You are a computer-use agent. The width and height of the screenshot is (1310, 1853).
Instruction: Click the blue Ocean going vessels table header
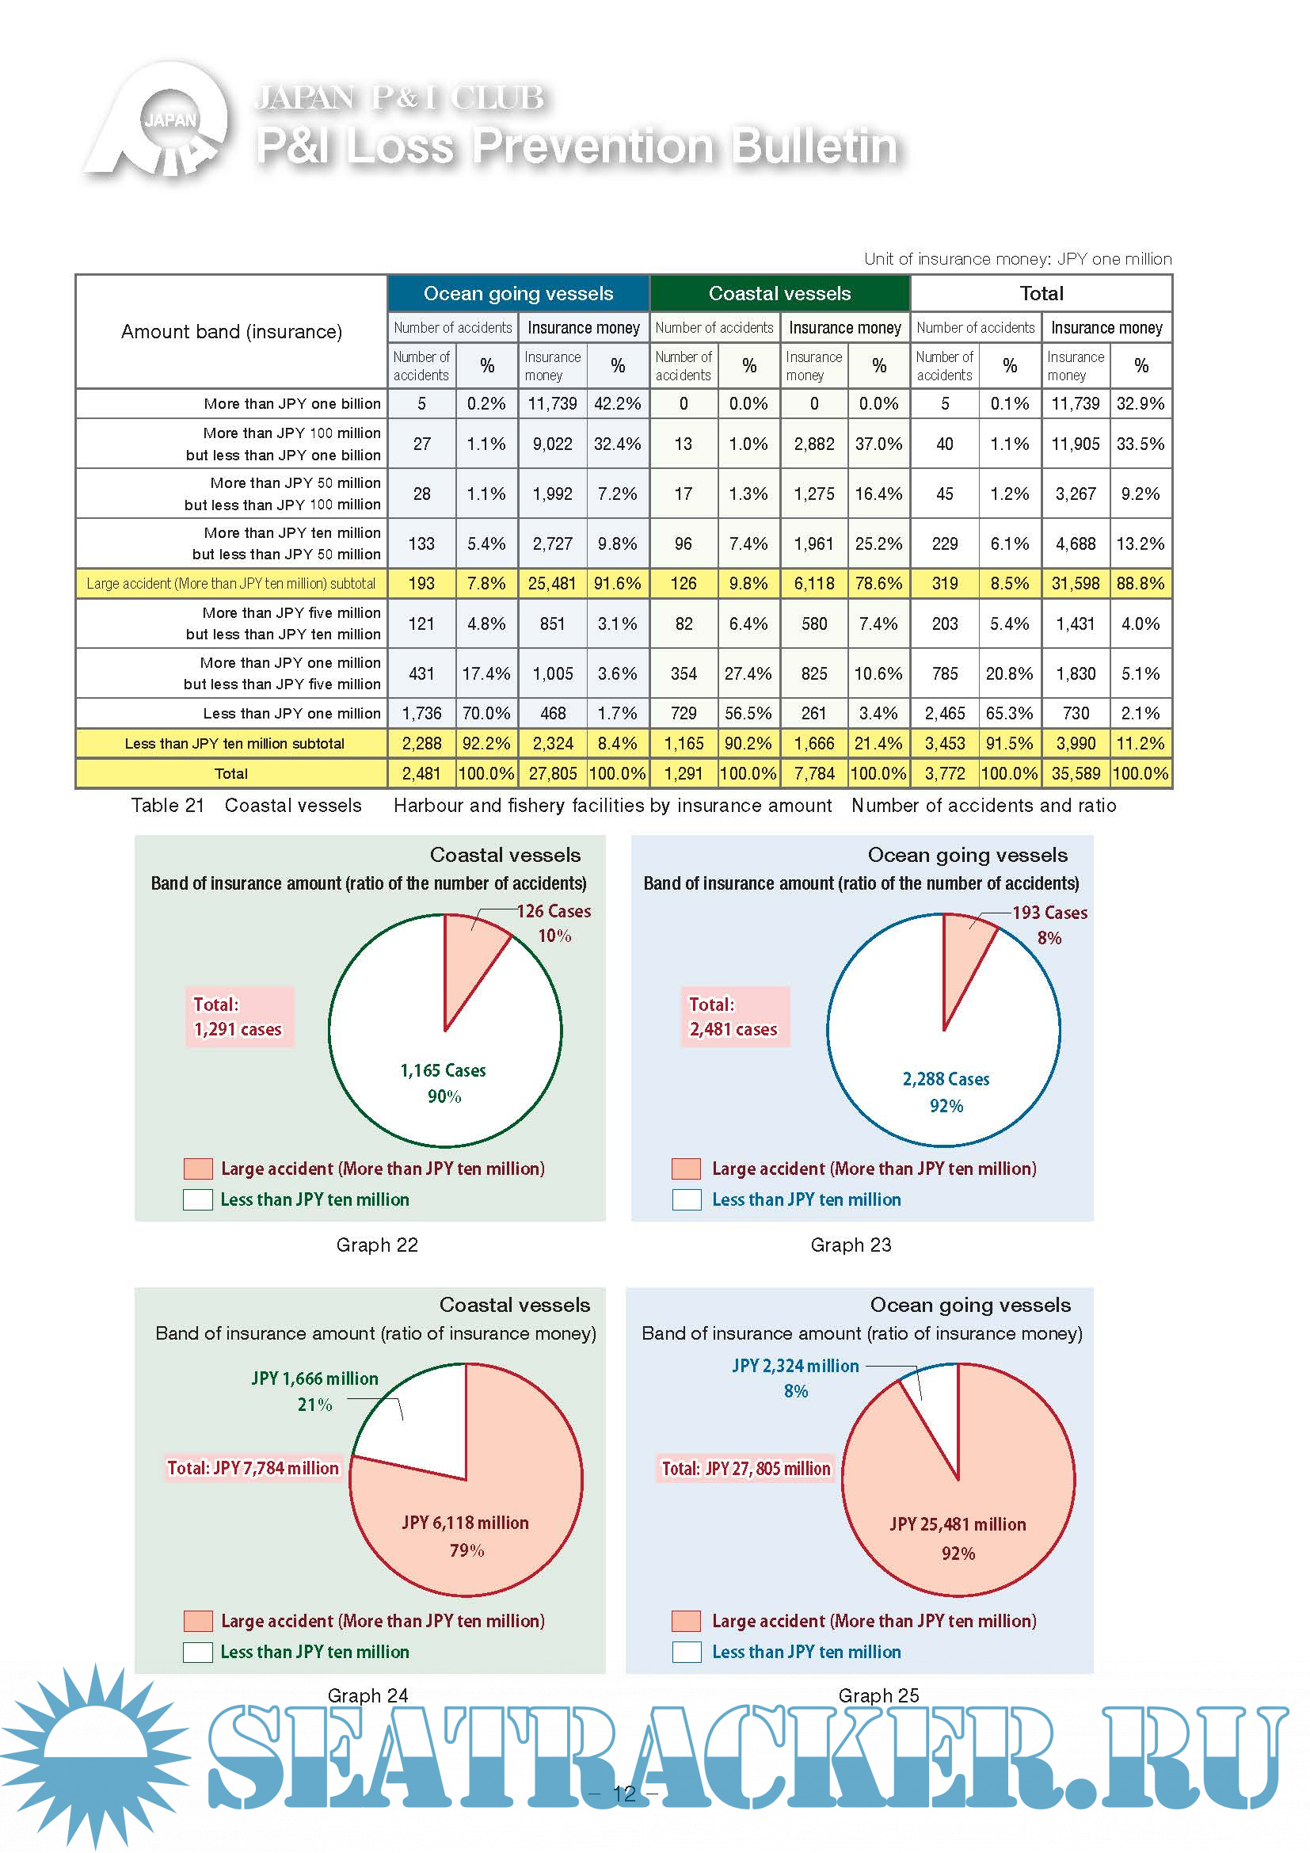tap(518, 294)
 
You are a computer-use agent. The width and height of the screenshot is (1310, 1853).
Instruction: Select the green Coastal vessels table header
tap(779, 294)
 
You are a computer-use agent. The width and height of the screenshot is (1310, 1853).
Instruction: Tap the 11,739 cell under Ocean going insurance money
tap(553, 403)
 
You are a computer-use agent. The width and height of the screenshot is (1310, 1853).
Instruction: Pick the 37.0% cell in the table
tap(878, 444)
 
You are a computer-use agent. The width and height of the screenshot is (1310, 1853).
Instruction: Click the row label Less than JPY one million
tap(291, 714)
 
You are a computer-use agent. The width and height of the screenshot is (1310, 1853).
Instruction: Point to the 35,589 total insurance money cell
tap(1076, 773)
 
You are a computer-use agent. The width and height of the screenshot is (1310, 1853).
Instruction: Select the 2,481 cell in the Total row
tap(421, 773)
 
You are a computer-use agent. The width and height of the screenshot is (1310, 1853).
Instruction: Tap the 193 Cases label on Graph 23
tap(1049, 913)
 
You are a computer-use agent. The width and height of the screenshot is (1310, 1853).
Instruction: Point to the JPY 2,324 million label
tap(795, 1366)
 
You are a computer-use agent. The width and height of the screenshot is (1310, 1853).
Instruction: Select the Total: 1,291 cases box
tap(238, 1017)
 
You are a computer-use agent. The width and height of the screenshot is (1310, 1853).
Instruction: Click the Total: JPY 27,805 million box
tap(745, 1468)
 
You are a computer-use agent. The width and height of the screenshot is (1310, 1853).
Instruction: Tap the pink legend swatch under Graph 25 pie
tap(686, 1621)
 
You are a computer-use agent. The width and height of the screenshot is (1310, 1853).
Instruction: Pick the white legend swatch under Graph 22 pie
tap(198, 1199)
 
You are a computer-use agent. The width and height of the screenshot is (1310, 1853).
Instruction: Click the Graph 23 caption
tap(851, 1245)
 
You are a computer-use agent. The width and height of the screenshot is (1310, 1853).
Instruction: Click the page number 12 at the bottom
tap(624, 1794)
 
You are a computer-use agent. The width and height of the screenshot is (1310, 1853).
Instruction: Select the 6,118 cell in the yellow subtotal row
tap(813, 584)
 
